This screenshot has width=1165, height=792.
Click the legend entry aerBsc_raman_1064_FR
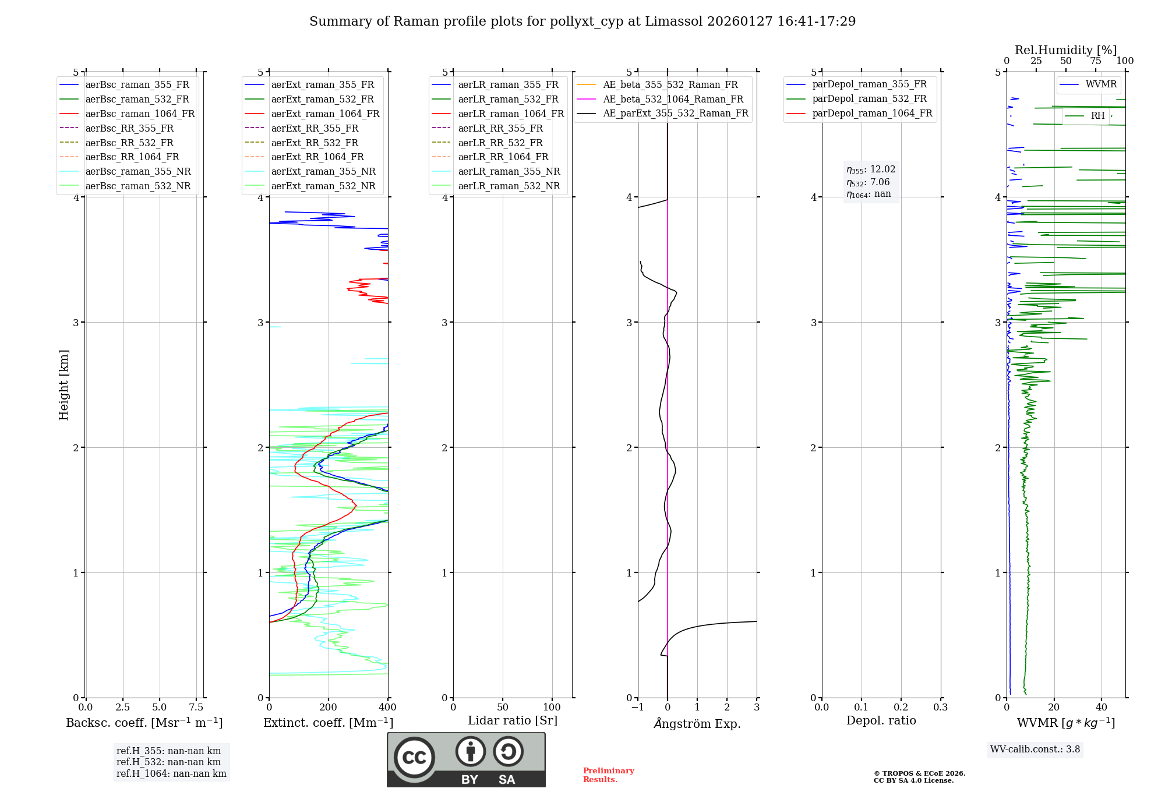click(140, 114)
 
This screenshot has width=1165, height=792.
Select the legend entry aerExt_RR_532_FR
click(315, 143)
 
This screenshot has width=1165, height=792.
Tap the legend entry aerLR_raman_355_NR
click(509, 171)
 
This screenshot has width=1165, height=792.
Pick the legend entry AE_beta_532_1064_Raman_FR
click(673, 99)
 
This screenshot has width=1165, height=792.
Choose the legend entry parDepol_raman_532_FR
click(869, 99)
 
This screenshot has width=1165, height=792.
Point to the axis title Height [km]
click(63, 385)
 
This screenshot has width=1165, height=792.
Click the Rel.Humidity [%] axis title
click(1065, 50)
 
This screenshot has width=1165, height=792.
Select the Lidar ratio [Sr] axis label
click(513, 720)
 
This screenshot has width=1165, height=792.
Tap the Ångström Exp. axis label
click(697, 723)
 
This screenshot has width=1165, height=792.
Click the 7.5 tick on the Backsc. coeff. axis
click(196, 708)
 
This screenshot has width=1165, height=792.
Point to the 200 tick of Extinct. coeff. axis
click(329, 708)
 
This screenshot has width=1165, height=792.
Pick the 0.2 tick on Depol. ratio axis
click(901, 708)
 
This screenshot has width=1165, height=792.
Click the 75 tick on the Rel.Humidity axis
click(1096, 61)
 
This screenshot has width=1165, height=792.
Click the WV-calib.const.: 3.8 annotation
click(1035, 749)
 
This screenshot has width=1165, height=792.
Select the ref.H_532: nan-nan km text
click(168, 762)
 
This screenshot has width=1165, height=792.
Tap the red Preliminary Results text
click(608, 775)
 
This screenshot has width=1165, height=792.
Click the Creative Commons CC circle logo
click(414, 757)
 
